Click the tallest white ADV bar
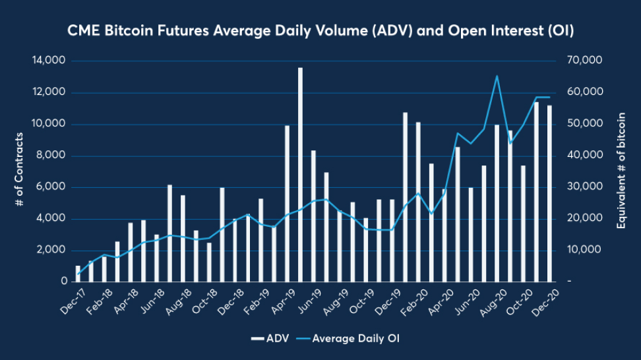click(300, 175)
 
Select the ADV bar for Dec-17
click(78, 274)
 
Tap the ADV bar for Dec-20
click(549, 194)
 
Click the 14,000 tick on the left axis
click(48, 61)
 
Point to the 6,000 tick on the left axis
click(51, 187)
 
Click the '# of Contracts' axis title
click(20, 170)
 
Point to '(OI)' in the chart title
click(557, 30)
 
